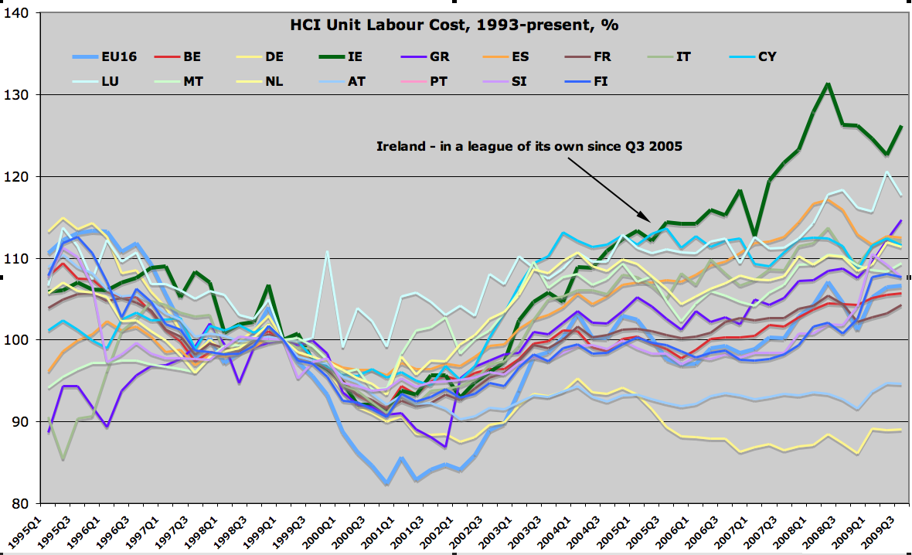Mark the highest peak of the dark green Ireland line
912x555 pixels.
coord(828,83)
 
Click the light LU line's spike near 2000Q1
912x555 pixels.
coord(328,251)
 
